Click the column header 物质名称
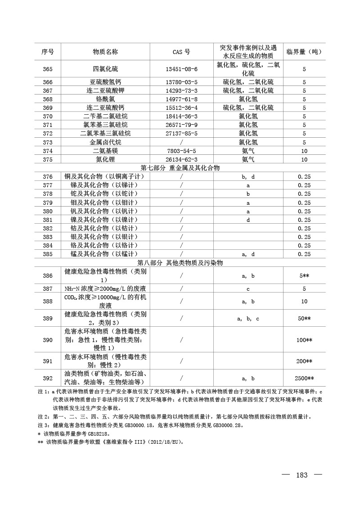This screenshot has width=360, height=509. click(105, 52)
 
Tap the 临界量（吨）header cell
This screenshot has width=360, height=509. click(304, 52)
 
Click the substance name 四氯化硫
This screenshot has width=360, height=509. click(105, 69)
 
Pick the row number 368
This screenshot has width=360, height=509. click(48, 99)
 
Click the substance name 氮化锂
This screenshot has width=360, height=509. click(105, 159)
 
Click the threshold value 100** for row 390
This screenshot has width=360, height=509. click(304, 340)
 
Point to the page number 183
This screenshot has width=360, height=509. click(301, 475)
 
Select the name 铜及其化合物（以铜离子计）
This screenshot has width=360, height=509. click(105, 177)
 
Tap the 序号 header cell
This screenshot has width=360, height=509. click(48, 52)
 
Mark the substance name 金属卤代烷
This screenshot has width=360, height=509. click(105, 142)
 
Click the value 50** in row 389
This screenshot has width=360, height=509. click(304, 319)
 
